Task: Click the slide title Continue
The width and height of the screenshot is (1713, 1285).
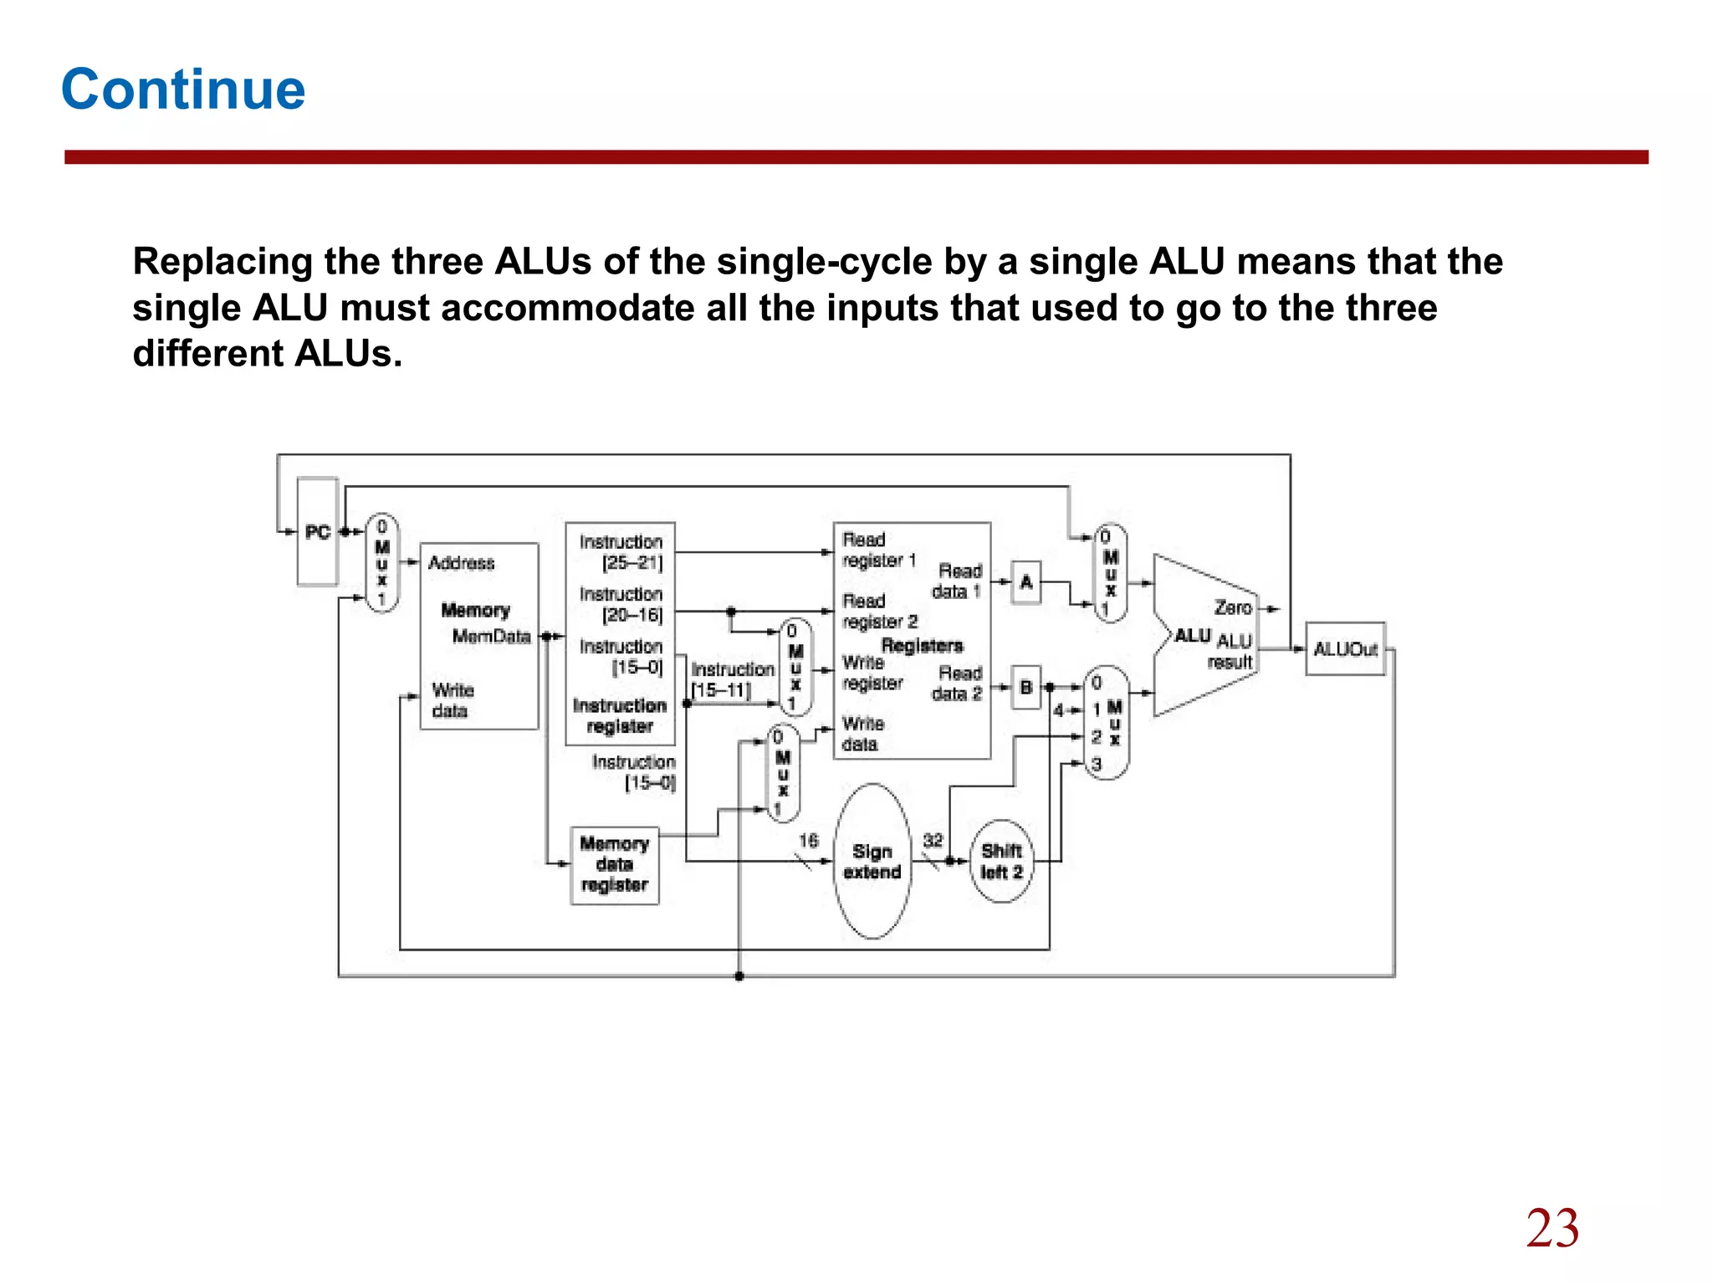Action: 183,90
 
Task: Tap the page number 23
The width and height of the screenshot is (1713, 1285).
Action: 1552,1228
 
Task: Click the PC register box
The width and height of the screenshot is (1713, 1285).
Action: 318,532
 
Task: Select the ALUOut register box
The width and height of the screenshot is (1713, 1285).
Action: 1344,649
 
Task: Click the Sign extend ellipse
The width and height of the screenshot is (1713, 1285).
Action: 872,861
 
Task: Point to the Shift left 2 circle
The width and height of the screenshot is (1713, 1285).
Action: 1001,861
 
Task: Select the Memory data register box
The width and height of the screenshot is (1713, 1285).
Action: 615,865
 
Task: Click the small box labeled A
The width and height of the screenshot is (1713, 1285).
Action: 1026,581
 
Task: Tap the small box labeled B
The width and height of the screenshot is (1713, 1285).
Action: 1026,687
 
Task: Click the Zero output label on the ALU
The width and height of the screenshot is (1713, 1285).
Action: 1233,608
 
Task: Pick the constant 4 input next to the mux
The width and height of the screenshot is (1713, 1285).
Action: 1058,710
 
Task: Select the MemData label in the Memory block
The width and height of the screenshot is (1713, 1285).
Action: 491,637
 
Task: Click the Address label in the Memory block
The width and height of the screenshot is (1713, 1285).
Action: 461,563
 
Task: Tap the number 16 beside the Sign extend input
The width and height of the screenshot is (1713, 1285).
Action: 808,840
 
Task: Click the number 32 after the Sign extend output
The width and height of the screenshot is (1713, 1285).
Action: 933,840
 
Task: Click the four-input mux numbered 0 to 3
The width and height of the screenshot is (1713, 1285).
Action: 1106,724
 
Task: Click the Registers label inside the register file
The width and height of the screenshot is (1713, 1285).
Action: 922,645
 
